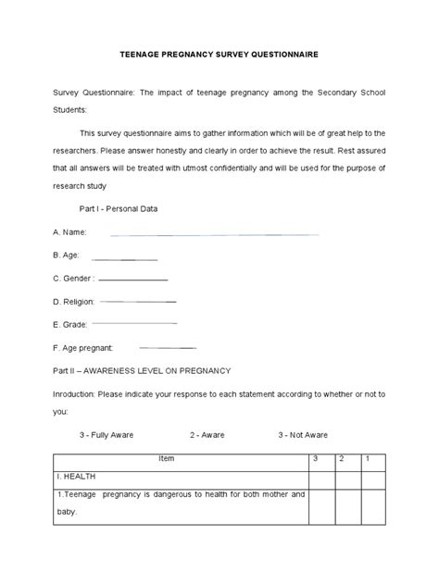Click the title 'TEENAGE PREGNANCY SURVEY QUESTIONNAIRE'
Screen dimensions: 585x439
point(219,55)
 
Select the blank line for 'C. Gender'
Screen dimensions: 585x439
point(132,279)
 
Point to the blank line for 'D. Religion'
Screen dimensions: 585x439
point(137,302)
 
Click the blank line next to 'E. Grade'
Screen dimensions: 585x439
point(135,323)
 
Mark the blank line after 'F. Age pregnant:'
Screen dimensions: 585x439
point(167,347)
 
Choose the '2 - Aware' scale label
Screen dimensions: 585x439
point(207,434)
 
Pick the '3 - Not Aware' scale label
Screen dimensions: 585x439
point(303,434)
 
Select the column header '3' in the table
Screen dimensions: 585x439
point(316,458)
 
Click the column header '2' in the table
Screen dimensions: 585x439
point(344,458)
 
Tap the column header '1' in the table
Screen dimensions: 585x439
point(369,458)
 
